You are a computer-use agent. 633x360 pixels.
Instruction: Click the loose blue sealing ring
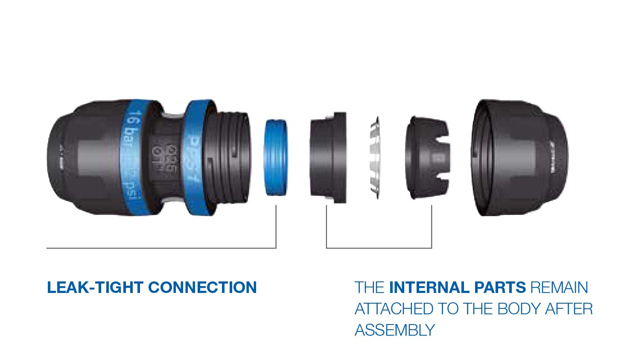[x=275, y=158]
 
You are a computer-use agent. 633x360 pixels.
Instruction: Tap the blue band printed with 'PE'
[x=196, y=158]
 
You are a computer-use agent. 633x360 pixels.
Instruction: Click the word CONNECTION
[x=202, y=287]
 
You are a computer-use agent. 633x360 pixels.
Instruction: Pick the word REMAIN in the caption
[x=559, y=287]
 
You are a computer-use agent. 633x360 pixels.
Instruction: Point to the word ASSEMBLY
[x=395, y=330]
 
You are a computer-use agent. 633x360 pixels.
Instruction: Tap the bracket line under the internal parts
[x=379, y=248]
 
